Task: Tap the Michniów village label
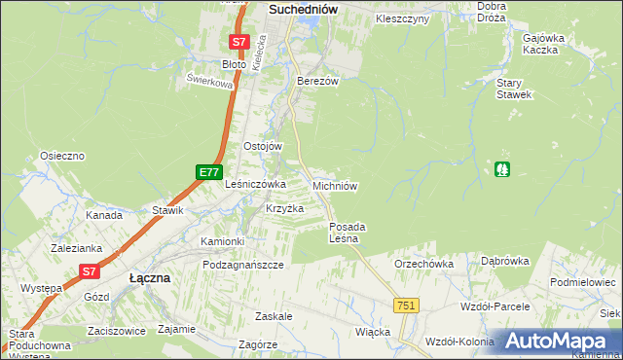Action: [337, 185]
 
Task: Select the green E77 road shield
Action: [207, 172]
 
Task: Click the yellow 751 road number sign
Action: [407, 306]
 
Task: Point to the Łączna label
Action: [150, 277]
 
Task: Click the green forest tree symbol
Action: [502, 168]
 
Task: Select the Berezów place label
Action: [317, 82]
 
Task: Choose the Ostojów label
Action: [262, 146]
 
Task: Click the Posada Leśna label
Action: [345, 233]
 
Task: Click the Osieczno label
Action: [62, 156]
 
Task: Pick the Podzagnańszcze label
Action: [243, 265]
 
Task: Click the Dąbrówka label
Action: [504, 261]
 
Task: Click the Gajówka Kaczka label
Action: [544, 43]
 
